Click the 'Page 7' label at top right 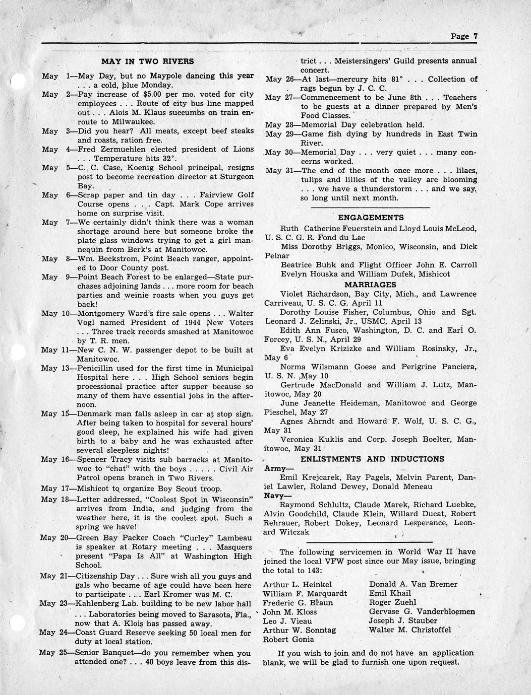tap(464, 36)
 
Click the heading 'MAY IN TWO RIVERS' tap(147, 61)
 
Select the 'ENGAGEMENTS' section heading tap(371, 218)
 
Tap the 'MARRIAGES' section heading tap(371, 285)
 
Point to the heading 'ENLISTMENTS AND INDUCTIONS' tap(372, 459)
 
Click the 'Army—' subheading tap(275, 468)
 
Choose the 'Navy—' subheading tap(275, 496)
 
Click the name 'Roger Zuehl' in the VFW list tap(392, 602)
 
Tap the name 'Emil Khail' tap(390, 593)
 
